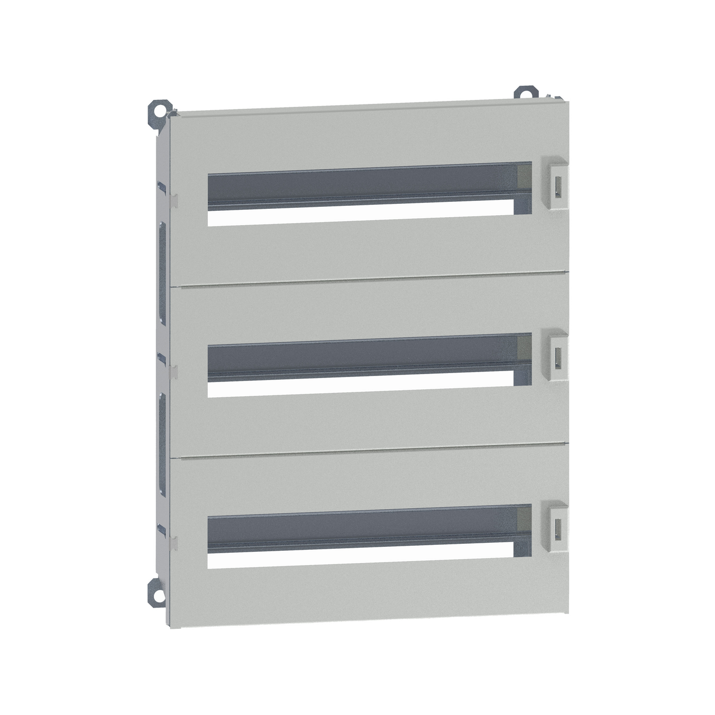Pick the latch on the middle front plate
click(x=556, y=356)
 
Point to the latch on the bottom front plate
click(x=556, y=526)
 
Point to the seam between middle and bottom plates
click(x=369, y=450)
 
